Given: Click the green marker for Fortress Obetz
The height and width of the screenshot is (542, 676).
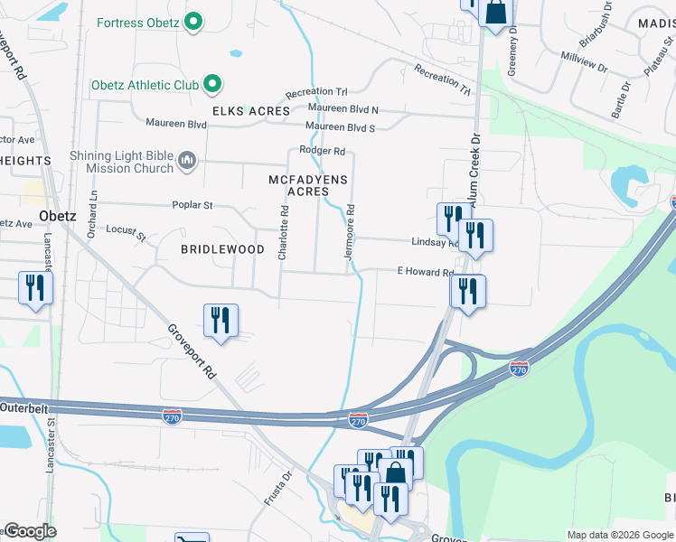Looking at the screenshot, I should (x=192, y=22).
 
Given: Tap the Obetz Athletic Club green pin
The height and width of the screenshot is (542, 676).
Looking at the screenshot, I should (x=212, y=85).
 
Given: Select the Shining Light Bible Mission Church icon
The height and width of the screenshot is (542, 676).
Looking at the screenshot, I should (x=187, y=162).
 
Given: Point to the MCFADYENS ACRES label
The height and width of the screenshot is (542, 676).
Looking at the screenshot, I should (x=308, y=185).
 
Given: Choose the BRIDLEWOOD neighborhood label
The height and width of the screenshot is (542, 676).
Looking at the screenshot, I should (x=222, y=248).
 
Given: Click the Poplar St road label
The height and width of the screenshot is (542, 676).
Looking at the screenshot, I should (x=192, y=205).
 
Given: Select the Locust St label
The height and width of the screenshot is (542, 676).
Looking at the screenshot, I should (x=126, y=233).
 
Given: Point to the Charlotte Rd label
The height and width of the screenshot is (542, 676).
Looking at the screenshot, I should (x=284, y=233).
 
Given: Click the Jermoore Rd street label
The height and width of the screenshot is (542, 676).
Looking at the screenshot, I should (x=350, y=233).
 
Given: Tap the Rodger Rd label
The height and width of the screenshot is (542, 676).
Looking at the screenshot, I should (x=323, y=151).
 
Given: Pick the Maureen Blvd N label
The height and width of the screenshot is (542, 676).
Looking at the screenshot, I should (x=343, y=110).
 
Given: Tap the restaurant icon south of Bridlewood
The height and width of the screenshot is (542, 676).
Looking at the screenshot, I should (x=221, y=321).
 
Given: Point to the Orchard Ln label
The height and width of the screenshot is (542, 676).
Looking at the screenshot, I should (x=91, y=216).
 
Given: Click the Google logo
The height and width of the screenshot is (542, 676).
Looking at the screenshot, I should (x=29, y=531).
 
